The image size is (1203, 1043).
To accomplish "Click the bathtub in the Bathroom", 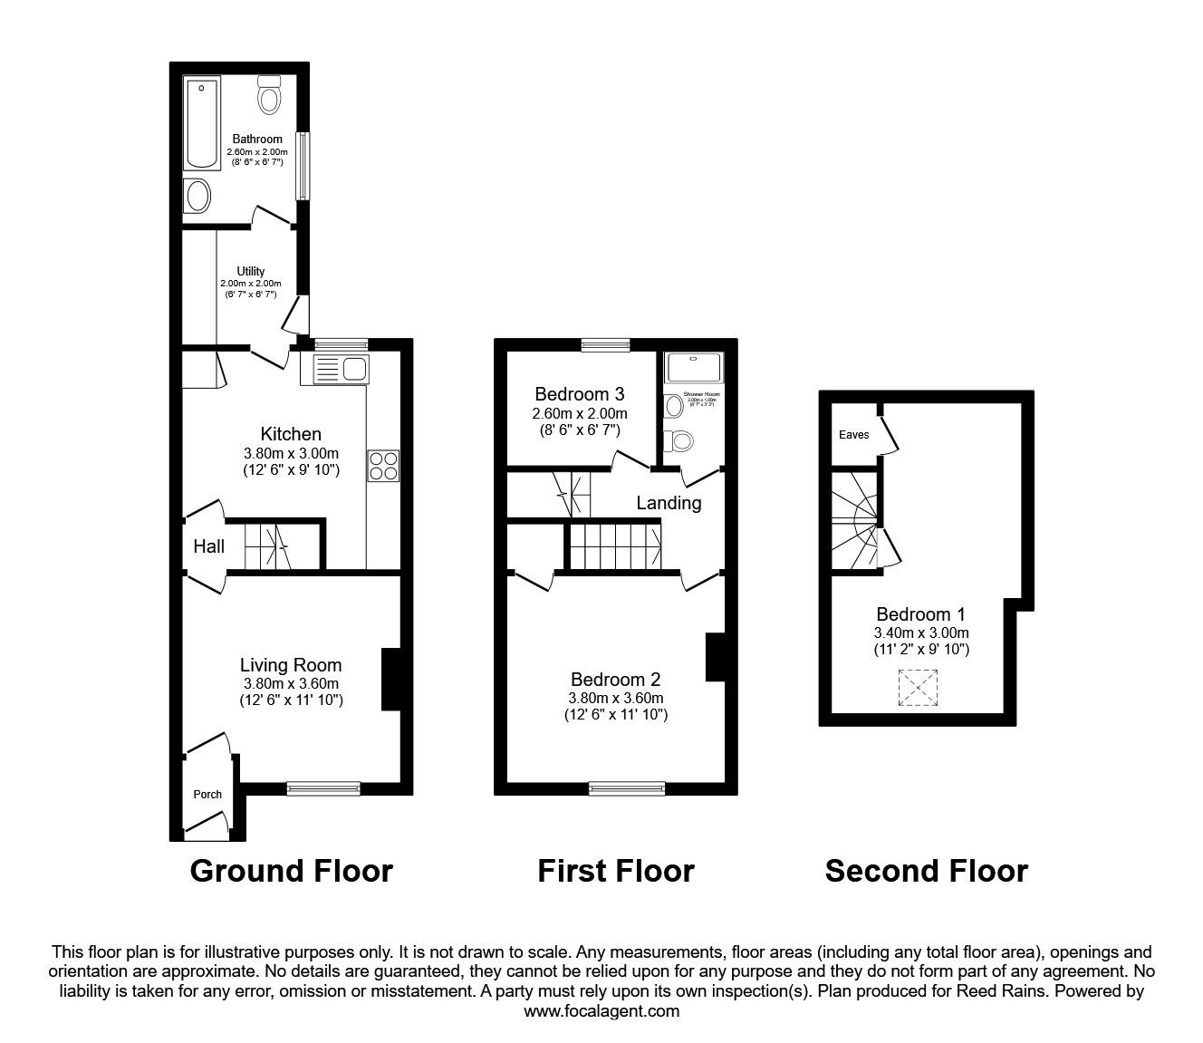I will point(201,123).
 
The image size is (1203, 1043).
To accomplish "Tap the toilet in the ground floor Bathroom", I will point(270,94).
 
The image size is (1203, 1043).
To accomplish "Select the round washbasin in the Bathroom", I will point(197,195).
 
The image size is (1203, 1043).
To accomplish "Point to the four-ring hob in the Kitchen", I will point(383,465).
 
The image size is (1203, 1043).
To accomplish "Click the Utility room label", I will point(251,271).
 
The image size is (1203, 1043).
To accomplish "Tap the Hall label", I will point(208,546).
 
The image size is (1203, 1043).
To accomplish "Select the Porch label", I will point(207,795).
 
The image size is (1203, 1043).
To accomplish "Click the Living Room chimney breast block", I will point(391,679).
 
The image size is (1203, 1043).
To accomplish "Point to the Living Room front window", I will point(322,789).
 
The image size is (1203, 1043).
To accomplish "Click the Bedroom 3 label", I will point(579,394).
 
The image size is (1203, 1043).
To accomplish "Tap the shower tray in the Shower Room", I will point(694,368).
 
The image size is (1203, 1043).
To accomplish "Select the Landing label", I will point(669,502).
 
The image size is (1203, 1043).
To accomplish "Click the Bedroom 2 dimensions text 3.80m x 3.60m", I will point(615,698).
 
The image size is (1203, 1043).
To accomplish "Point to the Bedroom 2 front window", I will point(626,789).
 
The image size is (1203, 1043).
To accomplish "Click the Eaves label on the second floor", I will point(853,435).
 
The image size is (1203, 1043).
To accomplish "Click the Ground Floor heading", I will point(291,871).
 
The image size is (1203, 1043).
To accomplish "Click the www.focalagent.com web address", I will point(601,1011).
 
